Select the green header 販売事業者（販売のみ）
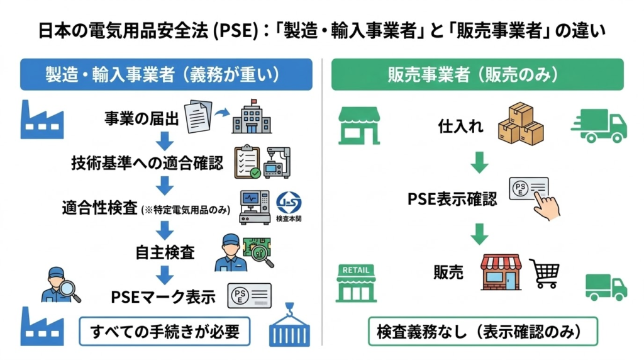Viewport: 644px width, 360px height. click(477, 74)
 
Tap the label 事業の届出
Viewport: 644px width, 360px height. click(142, 117)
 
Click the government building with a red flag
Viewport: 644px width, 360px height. click(252, 116)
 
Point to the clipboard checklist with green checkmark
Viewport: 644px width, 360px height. click(247, 163)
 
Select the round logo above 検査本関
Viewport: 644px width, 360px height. click(289, 201)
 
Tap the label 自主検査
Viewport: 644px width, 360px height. click(165, 252)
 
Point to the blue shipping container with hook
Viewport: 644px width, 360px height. click(290, 327)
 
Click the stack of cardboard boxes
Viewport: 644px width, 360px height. click(521, 125)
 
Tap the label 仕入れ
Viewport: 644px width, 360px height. click(461, 127)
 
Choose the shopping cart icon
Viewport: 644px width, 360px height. click(545, 274)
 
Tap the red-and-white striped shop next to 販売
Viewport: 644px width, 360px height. click(501, 272)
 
